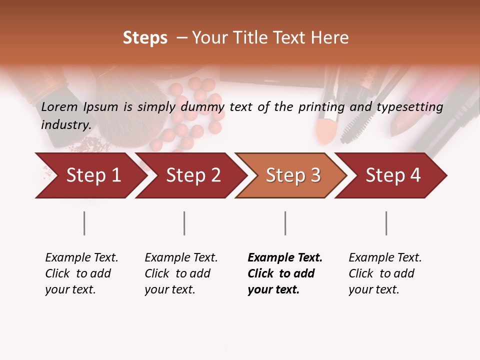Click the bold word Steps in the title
145,38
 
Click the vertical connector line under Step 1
84,223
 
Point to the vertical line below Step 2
184,223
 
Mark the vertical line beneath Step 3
285,223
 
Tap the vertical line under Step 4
386,223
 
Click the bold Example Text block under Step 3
284,273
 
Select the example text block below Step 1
81,273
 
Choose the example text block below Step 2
180,273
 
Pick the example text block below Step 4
384,273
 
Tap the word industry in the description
65,124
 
